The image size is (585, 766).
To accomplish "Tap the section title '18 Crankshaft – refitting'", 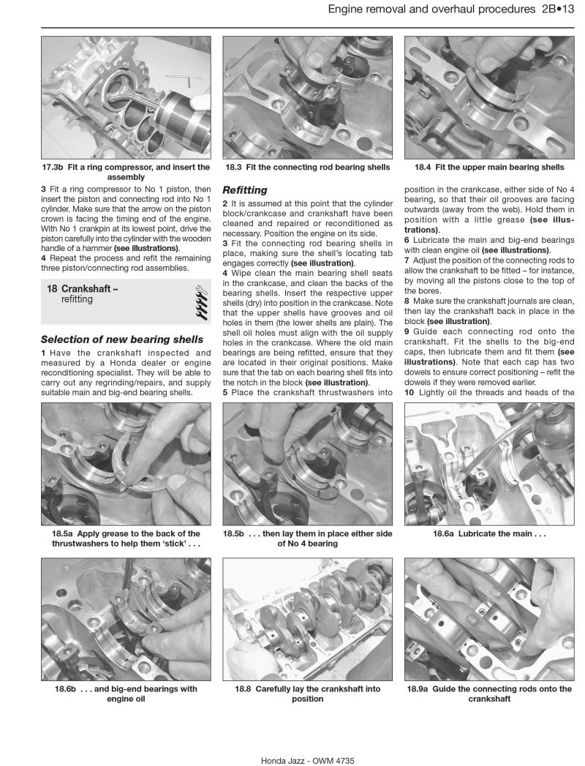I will [83, 294].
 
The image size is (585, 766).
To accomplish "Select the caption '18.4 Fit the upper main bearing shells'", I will [488, 167].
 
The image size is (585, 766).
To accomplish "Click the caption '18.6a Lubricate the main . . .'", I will [488, 534].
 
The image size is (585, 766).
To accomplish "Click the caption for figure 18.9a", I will [488, 694].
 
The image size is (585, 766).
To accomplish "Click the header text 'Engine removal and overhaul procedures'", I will [431, 10].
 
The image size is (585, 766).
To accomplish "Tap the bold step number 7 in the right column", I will [407, 260].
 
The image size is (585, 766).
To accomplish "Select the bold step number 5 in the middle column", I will [225, 394].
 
